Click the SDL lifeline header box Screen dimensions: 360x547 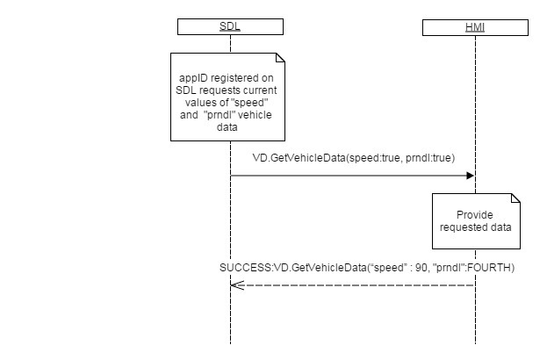coord(230,27)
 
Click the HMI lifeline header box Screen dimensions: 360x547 coord(475,27)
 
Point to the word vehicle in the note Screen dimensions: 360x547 coord(253,116)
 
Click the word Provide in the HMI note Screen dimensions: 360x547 coord(475,215)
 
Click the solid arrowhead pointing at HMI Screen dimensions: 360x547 coord(470,176)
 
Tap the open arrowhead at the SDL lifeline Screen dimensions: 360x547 coord(235,284)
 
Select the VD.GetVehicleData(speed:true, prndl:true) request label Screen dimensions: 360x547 coord(353,158)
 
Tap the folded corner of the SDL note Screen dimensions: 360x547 coord(280,59)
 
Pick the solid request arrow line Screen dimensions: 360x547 coord(351,176)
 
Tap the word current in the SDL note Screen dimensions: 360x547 coord(263,91)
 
